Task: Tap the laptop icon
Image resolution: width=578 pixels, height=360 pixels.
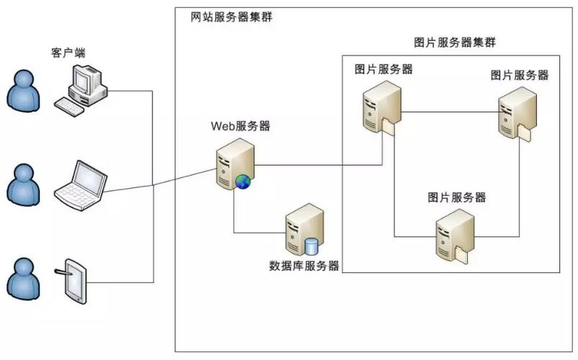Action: tap(81, 185)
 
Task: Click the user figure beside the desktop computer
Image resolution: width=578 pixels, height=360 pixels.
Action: tap(24, 93)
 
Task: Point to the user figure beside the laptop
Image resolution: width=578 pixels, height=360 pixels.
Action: tap(24, 184)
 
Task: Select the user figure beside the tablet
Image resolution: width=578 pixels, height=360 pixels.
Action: tap(24, 277)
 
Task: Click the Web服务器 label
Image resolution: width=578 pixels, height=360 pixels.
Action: tap(240, 127)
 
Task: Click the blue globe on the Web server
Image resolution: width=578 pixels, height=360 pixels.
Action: tap(243, 182)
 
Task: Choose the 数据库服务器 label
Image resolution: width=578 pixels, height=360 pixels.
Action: tap(304, 266)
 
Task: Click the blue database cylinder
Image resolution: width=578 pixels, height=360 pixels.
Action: tap(312, 246)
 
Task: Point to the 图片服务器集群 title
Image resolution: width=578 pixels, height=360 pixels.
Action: tap(455, 42)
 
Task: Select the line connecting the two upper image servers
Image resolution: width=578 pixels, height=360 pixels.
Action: tap(450, 112)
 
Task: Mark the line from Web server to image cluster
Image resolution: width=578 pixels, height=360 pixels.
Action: tap(317, 164)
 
